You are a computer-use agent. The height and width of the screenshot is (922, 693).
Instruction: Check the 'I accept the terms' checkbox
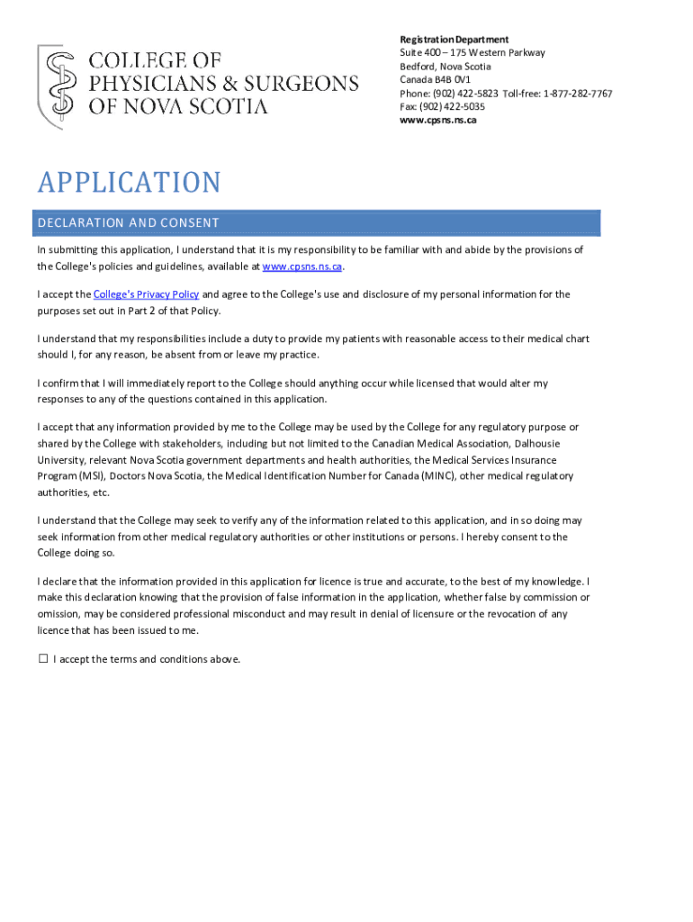43,659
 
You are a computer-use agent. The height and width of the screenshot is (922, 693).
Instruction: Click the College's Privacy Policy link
146,294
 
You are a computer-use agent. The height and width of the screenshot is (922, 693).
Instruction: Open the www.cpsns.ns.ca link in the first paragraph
302,267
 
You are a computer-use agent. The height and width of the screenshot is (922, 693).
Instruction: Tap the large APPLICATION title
129,183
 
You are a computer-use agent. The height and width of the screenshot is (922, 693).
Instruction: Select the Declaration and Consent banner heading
129,223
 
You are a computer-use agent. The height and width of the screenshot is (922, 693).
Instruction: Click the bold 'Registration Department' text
454,40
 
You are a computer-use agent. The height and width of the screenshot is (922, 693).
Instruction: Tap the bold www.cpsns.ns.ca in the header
437,120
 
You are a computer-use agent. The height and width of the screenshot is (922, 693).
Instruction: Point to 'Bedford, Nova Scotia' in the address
445,67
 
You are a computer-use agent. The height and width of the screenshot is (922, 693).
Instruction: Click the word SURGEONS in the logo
306,83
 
